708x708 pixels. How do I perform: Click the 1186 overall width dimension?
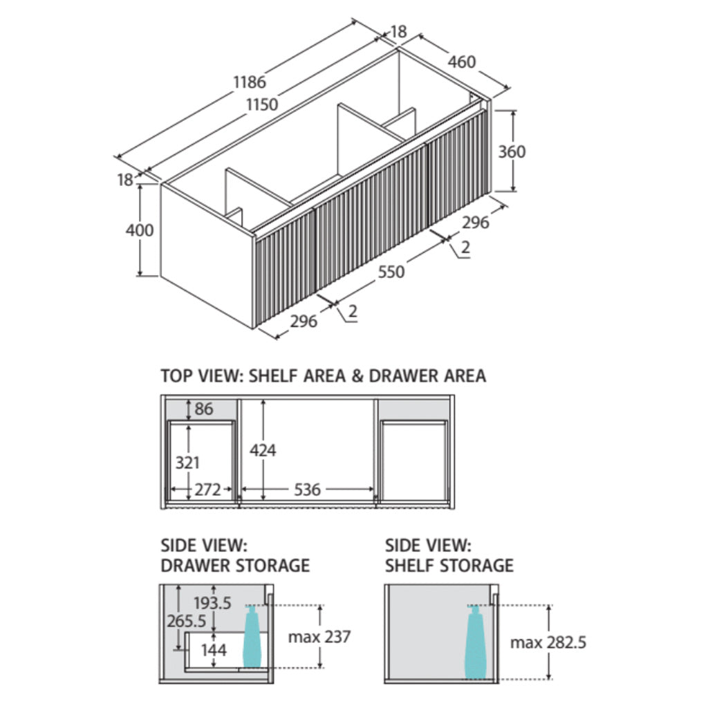coord(249,82)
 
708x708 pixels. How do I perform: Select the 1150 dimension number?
coord(261,105)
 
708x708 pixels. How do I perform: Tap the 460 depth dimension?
coord(461,62)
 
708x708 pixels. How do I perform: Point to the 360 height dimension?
coord(512,151)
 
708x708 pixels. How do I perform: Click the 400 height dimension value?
coord(139,230)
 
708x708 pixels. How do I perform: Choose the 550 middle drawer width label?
coord(391,272)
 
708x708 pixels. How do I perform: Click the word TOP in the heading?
coord(176,376)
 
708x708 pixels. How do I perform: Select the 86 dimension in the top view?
coord(204,409)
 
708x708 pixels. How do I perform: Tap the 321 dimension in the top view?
coord(187,464)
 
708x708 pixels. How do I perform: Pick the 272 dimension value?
coord(207,490)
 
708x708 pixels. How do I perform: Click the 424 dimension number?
coord(263,451)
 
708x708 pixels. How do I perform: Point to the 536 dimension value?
coord(307,490)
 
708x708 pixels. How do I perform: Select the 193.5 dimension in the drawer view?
coord(212,603)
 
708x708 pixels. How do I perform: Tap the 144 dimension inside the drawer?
coord(214,650)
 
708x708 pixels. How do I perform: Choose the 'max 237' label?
coord(319,636)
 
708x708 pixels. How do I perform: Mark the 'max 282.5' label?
coord(548,642)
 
